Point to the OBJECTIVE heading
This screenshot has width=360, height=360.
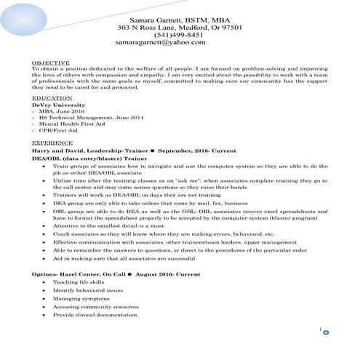click(51, 63)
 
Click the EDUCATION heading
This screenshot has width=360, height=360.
click(52, 97)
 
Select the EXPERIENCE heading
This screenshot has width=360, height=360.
click(53, 143)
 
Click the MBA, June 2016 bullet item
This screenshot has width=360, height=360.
click(64, 111)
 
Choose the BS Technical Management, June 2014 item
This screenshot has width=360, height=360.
click(91, 118)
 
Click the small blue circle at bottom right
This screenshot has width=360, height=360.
click(324, 333)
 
